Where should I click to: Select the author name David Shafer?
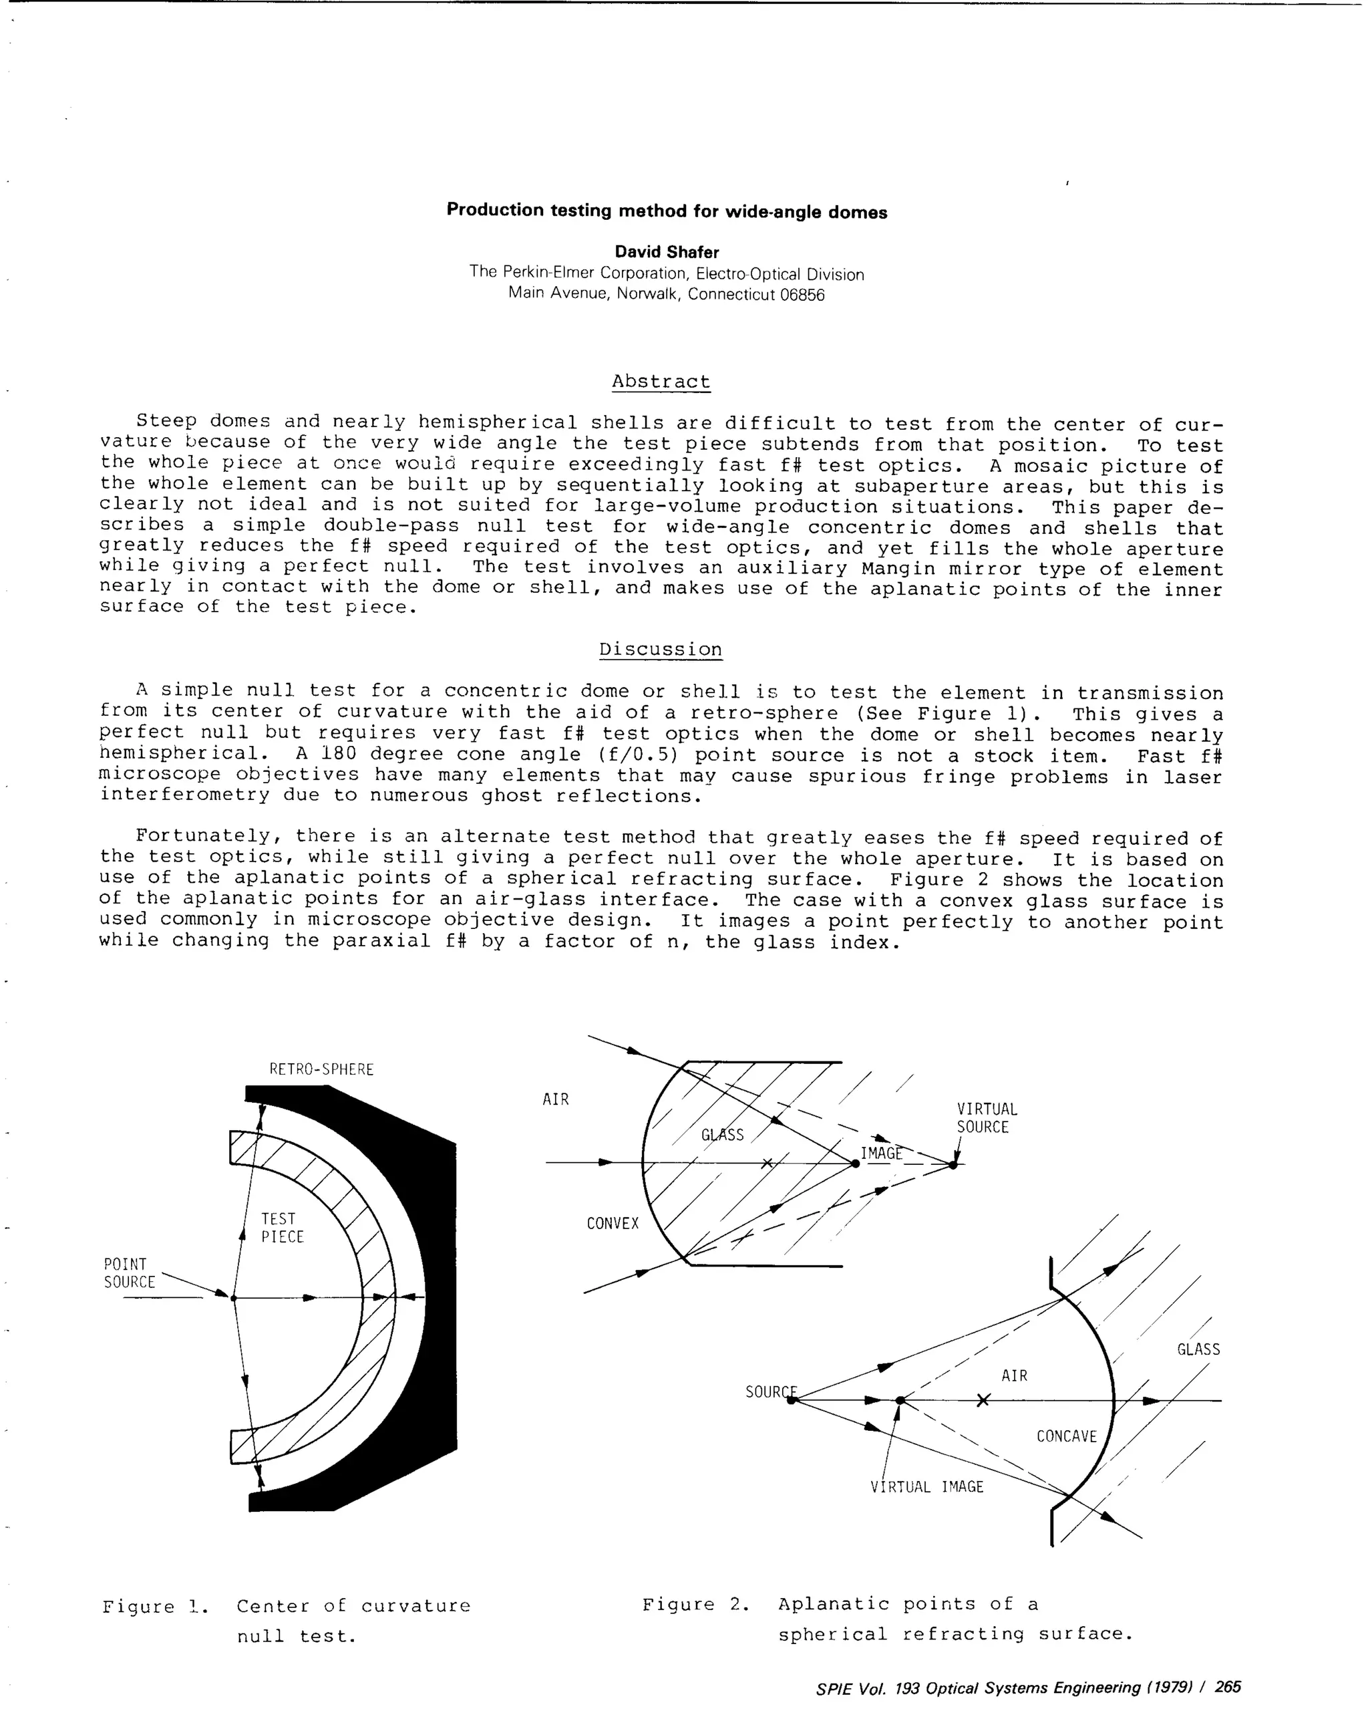(667, 252)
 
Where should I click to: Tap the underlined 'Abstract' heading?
(661, 382)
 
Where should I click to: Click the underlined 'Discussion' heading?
(661, 649)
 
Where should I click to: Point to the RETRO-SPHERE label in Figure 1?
(321, 1069)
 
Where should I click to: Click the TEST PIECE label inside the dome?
(282, 1228)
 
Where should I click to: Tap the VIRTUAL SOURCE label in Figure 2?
(986, 1118)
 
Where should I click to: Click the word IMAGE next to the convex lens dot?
(881, 1153)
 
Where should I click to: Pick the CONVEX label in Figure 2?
(612, 1224)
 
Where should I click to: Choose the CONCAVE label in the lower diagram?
(1066, 1436)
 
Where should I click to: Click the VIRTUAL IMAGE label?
(926, 1486)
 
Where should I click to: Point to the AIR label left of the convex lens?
(555, 1099)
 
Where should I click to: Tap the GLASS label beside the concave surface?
(1198, 1349)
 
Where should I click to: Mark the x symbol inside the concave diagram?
(983, 1400)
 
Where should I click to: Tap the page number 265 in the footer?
(1227, 1687)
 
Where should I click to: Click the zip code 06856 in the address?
(802, 294)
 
